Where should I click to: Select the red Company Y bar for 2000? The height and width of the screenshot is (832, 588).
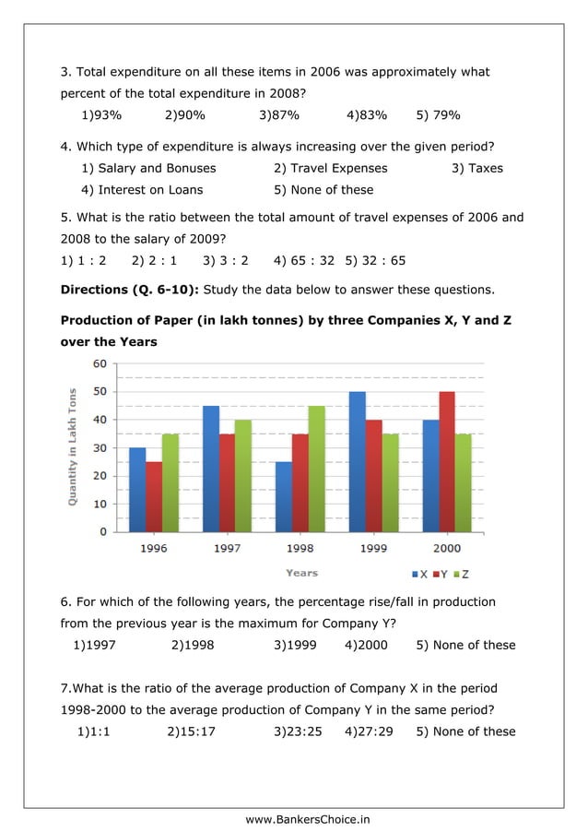pyautogui.click(x=447, y=462)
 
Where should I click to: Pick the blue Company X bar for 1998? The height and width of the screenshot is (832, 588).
pyautogui.click(x=284, y=497)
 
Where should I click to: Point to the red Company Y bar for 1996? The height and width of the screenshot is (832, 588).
pyautogui.click(x=153, y=497)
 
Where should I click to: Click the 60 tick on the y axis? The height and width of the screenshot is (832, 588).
pyautogui.click(x=98, y=363)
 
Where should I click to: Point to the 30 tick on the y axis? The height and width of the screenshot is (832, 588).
pyautogui.click(x=98, y=448)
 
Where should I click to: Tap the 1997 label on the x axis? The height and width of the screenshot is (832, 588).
pyautogui.click(x=228, y=548)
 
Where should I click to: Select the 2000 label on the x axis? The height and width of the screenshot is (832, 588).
pyautogui.click(x=447, y=548)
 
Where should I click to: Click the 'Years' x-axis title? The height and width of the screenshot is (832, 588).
pyautogui.click(x=301, y=573)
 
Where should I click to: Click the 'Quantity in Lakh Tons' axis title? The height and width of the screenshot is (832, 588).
pyautogui.click(x=72, y=446)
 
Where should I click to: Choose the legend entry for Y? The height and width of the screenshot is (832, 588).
pyautogui.click(x=443, y=574)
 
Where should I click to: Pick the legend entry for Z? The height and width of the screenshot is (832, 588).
pyautogui.click(x=463, y=574)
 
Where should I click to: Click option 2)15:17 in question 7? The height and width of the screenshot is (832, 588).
pyautogui.click(x=193, y=731)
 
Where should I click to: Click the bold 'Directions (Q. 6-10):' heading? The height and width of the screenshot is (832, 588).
pyautogui.click(x=129, y=291)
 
